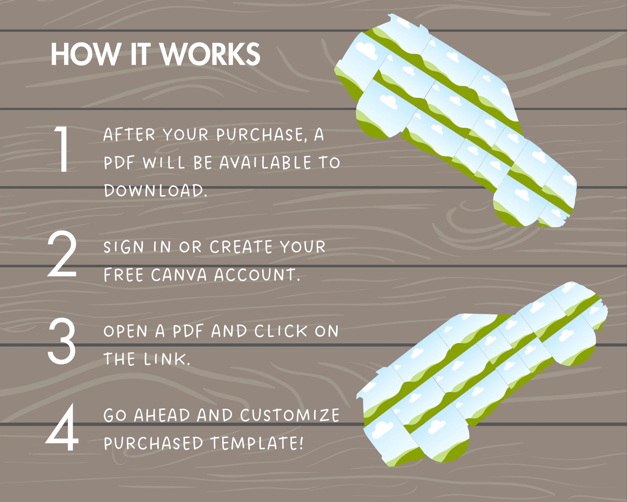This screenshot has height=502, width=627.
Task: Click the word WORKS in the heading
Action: click(210, 54)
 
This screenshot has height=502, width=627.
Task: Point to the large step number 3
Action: click(62, 341)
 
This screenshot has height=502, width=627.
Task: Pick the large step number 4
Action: click(62, 427)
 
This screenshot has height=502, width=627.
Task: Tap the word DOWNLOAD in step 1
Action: click(155, 190)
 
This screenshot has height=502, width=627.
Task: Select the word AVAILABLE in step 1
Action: click(265, 162)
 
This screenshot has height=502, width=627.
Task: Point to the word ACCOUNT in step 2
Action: click(257, 275)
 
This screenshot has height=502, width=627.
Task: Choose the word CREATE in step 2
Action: click(241, 247)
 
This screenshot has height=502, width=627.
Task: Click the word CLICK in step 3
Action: click(281, 331)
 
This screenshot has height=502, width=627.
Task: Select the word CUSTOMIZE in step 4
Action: click(290, 415)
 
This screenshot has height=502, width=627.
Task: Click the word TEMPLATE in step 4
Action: click(257, 443)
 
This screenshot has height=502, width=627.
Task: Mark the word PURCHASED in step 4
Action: click(153, 443)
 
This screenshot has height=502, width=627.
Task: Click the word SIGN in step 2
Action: click(124, 247)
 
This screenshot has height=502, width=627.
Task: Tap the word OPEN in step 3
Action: click(126, 331)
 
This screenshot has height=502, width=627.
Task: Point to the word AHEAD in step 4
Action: click(162, 415)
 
